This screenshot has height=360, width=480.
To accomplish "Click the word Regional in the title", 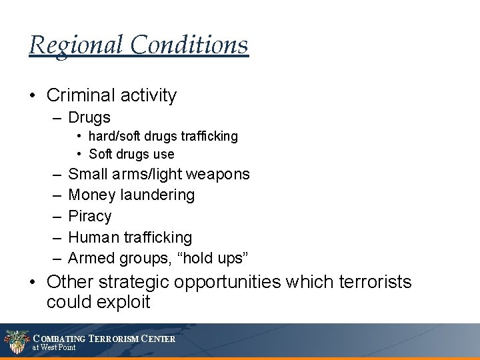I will click(x=76, y=45).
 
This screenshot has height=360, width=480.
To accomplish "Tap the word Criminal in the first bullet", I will click(x=80, y=95).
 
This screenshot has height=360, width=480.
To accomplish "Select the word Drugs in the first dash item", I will click(x=89, y=118).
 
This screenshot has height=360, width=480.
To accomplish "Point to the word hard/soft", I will click(x=116, y=136).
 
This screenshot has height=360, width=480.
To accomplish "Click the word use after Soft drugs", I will click(x=163, y=154).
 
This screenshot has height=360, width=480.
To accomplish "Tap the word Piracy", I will click(x=90, y=216).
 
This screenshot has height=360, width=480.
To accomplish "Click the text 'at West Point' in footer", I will click(x=54, y=347).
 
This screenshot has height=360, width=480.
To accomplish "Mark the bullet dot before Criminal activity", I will click(x=33, y=96).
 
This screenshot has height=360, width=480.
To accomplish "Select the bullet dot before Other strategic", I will click(x=33, y=283).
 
